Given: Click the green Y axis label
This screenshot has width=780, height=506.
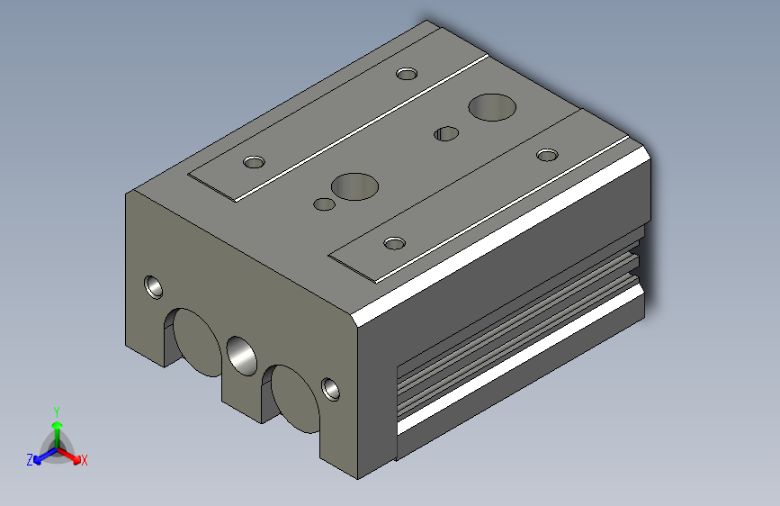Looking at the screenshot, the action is [x=57, y=411].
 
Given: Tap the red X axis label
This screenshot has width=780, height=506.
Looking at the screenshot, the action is [x=84, y=460].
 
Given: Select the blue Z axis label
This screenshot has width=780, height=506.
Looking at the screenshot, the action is [x=30, y=460].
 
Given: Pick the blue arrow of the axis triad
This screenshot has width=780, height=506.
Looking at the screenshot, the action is [x=46, y=456].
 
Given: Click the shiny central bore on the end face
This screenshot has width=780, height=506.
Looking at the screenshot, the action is [x=242, y=356].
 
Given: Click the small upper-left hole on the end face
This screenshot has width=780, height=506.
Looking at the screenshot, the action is [x=154, y=287].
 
